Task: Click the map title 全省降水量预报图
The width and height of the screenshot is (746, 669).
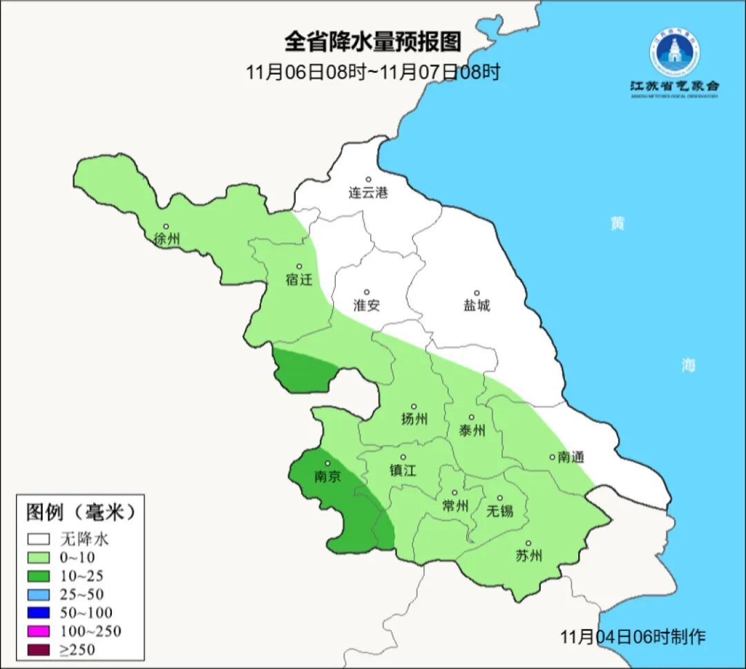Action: (x=372, y=42)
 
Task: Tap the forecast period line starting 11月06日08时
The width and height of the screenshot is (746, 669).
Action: (x=372, y=72)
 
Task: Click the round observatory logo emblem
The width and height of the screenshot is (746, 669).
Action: (x=673, y=51)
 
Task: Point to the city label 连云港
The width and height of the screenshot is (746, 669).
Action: (x=368, y=193)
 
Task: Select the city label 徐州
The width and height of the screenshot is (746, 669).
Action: (x=167, y=240)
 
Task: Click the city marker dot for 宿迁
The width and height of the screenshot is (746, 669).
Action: (x=299, y=266)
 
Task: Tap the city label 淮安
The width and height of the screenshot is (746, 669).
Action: (x=367, y=305)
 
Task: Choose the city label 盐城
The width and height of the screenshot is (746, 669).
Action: (x=477, y=305)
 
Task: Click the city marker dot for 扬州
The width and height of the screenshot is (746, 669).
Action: (x=414, y=407)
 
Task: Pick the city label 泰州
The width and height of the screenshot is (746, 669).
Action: (x=472, y=431)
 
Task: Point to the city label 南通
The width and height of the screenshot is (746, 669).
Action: (x=571, y=457)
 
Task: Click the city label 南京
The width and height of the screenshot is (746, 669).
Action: (x=327, y=476)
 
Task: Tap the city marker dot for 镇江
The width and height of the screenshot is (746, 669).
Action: (x=403, y=457)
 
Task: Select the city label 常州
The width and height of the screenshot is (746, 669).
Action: (x=455, y=506)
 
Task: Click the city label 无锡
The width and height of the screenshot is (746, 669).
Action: (x=500, y=511)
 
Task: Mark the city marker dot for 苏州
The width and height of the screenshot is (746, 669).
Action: (x=528, y=544)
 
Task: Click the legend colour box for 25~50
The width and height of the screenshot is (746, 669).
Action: (x=39, y=594)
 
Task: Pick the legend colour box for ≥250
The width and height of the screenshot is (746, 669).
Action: (x=39, y=649)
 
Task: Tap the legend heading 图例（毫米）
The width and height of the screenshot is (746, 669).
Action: (x=80, y=512)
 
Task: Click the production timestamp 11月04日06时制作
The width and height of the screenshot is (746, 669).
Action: (x=633, y=636)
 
